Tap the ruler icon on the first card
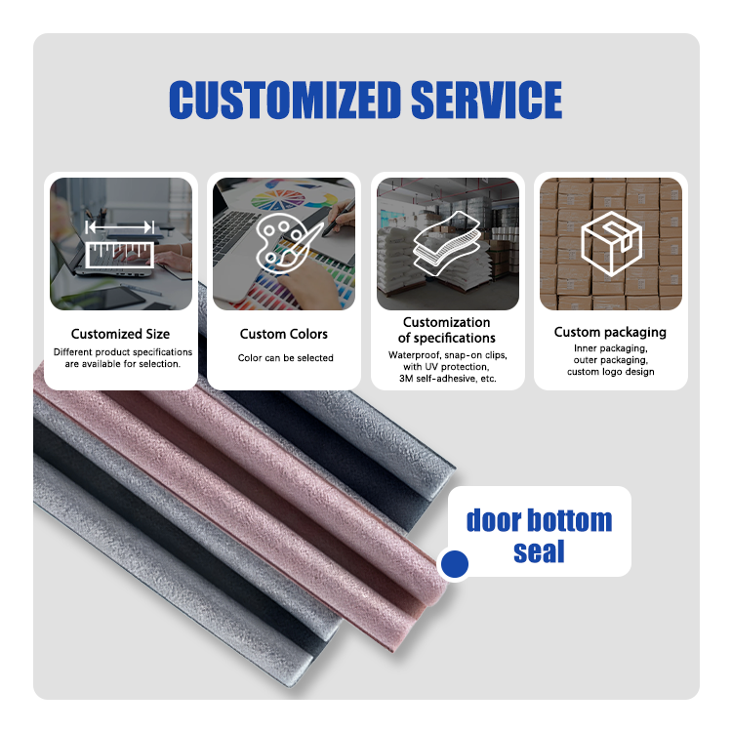point(121,244)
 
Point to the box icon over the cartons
point(610,240)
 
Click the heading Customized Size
point(121,334)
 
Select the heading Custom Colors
point(284,334)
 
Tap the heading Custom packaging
point(610,332)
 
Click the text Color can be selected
point(285,358)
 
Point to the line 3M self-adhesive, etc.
point(448,378)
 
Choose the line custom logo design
point(610,372)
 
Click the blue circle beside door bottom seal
point(455,563)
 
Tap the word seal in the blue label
point(539,551)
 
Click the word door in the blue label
point(494,519)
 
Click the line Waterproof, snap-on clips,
point(448,354)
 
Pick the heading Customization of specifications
point(447,330)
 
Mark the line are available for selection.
point(122,364)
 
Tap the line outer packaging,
point(610,360)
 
